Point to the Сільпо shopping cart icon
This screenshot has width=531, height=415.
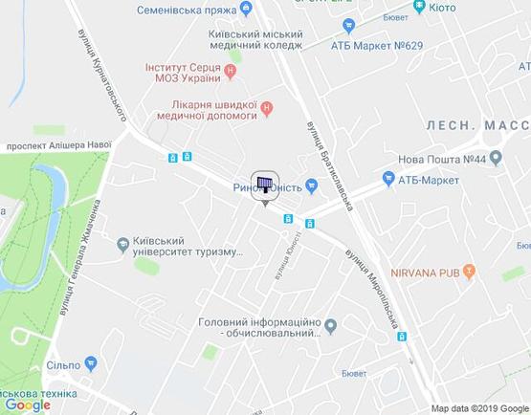90,363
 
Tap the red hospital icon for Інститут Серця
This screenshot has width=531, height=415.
230,71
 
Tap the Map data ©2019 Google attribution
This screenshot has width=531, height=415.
478,407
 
